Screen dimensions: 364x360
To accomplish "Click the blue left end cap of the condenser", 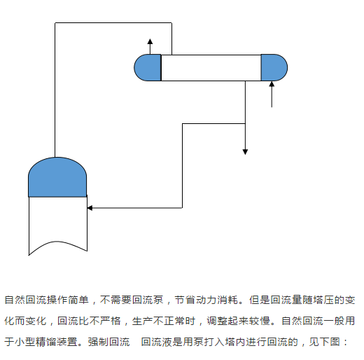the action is tap(148, 68).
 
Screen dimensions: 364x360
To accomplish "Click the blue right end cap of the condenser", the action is tap(274, 68).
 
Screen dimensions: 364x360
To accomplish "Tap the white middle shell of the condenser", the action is tap(211, 68).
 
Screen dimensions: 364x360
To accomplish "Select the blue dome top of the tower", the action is tap(57, 177).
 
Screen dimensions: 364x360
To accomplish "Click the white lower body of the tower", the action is tap(57, 222).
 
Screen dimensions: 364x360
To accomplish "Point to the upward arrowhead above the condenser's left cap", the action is tap(150, 41).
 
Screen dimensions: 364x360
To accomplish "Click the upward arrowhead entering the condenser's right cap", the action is tap(272, 84).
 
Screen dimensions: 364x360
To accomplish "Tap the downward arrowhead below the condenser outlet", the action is tap(245, 152).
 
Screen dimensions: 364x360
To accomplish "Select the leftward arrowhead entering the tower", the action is tap(90, 208).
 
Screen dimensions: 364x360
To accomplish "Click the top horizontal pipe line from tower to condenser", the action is tap(113, 23).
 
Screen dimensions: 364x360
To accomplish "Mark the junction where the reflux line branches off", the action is tap(245, 123).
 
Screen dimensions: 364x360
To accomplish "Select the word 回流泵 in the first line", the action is tap(148, 300).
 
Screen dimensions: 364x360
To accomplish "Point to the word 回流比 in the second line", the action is tap(73, 321).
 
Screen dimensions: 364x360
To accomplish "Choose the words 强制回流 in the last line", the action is tap(108, 342).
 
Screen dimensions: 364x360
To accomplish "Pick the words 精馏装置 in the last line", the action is tap(57, 342).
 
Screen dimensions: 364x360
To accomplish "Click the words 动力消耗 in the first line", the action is tap(217, 300).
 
